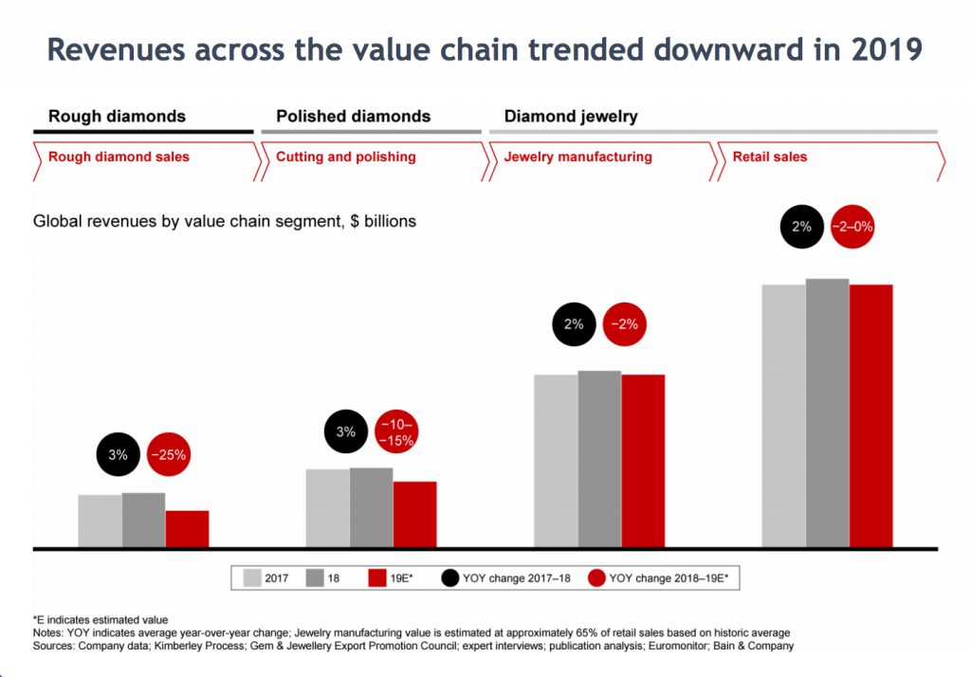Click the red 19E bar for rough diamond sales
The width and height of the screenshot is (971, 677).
[x=187, y=529]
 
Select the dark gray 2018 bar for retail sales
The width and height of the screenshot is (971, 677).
[x=827, y=413]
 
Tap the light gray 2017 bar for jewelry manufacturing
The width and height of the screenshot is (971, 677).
[x=556, y=461]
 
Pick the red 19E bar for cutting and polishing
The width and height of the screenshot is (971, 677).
[x=414, y=514]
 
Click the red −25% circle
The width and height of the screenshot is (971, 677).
[x=169, y=455]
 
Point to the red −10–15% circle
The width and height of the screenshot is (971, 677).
[x=396, y=431]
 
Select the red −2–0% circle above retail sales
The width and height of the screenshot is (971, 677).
[x=852, y=228]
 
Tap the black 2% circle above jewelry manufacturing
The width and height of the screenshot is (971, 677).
[x=575, y=324]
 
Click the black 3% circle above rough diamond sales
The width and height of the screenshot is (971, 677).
[x=118, y=455]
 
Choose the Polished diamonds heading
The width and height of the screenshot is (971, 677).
[x=353, y=117]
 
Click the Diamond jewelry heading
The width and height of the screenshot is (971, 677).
[x=571, y=117]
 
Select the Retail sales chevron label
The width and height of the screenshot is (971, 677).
[x=770, y=156]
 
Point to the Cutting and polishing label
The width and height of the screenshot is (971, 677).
[x=345, y=156]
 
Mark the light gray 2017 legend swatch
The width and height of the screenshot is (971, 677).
[x=253, y=576]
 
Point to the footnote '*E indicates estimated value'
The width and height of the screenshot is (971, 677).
[x=101, y=619]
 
